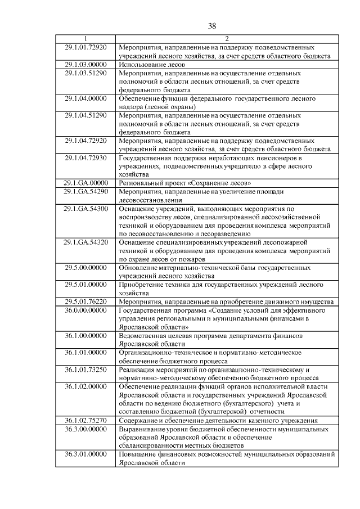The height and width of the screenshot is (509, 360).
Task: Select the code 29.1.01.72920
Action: pos(86,47)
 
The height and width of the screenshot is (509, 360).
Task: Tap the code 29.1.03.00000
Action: pos(86,65)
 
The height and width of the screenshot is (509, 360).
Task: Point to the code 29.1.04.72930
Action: pos(86,157)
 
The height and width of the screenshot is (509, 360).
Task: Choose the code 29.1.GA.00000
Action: pos(86,183)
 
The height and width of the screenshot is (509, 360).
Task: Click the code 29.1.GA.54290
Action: pos(86,192)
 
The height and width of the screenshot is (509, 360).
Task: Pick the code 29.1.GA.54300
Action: pos(86,209)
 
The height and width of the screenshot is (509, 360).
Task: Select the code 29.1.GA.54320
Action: pos(86,242)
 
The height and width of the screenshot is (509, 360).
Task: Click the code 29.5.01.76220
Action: pos(86,301)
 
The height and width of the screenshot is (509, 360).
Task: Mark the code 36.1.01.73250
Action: pos(86,370)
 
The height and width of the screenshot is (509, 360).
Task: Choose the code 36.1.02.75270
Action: pos(86,420)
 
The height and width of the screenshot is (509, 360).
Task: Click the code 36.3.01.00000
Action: pos(86,454)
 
